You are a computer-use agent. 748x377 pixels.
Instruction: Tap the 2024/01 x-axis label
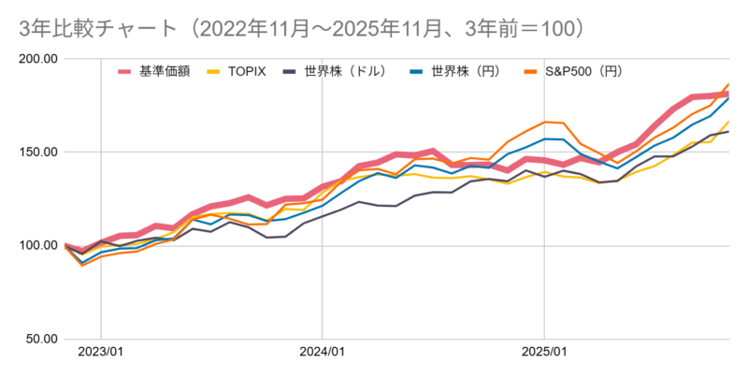322,355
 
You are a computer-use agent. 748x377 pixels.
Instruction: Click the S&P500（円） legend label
584,71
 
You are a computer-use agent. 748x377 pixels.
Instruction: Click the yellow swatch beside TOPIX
215,71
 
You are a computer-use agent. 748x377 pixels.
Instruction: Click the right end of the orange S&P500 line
728,84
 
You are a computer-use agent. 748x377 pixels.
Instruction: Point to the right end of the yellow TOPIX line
728,122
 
